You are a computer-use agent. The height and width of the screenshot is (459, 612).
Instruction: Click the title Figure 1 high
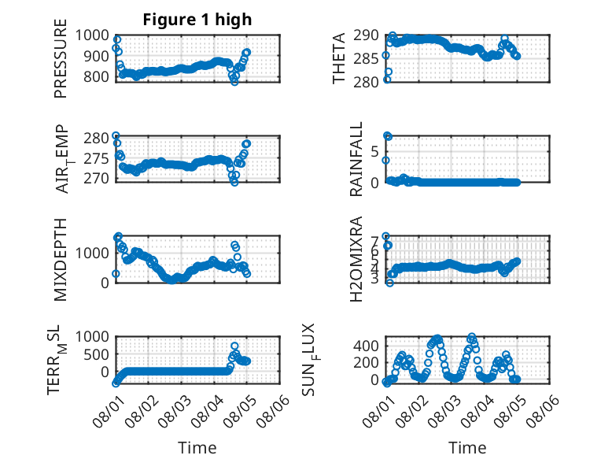pos(197,20)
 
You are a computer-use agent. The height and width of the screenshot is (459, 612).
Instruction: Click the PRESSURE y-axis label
pos(61,58)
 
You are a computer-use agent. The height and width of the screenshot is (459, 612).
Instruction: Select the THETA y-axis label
pos(339,58)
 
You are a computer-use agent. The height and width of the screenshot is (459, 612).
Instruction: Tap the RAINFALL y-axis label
pos(356,159)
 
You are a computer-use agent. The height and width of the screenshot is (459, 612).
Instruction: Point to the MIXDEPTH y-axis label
pos(61,259)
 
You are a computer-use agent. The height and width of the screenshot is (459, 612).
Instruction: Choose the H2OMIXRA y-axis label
pos(356,259)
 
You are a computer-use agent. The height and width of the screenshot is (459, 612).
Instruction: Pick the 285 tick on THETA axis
pos(366,59)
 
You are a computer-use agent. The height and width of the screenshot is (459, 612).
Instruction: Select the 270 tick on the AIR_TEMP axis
pos(97,179)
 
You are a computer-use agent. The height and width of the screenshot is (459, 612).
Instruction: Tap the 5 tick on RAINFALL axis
pos(374,151)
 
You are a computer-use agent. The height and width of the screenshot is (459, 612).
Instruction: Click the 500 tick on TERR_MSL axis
pos(97,355)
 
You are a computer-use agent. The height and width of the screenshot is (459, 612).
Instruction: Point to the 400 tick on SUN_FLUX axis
pos(366,346)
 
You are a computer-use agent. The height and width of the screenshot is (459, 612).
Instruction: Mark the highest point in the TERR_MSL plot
pos(234,346)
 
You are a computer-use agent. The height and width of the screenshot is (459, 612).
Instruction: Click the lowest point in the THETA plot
pos(387,80)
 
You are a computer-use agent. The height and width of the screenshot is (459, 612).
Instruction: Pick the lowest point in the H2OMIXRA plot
pos(389,283)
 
